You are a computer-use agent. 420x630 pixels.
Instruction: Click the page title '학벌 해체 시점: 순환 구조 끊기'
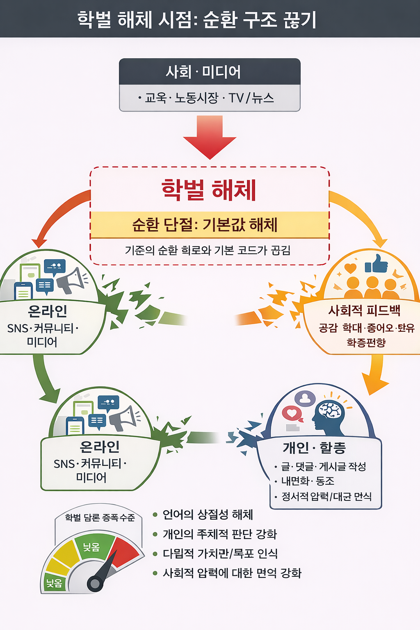tap(197, 19)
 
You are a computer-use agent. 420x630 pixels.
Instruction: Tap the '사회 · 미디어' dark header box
tap(210, 72)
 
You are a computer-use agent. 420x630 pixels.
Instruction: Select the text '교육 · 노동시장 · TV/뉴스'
tap(210, 98)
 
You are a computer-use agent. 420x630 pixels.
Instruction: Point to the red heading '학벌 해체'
tap(209, 190)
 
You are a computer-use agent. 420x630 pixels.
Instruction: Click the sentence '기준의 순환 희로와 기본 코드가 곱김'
tap(208, 250)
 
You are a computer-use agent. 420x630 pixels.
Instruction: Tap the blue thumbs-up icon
tap(377, 264)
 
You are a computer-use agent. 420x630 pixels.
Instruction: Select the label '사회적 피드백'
tap(364, 310)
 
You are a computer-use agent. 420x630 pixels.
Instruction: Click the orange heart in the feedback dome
tap(350, 268)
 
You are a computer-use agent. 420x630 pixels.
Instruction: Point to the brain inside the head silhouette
tap(331, 410)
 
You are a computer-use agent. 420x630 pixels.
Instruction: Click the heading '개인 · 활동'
tap(314, 447)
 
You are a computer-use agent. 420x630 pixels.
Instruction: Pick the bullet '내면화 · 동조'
tap(308, 481)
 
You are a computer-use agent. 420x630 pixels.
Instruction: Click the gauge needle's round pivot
tap(96, 583)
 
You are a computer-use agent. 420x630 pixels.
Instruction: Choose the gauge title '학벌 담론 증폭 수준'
tap(100, 517)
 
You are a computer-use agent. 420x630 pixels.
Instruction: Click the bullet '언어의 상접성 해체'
tap(208, 515)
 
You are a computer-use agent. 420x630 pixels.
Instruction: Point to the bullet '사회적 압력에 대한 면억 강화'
tap(232, 573)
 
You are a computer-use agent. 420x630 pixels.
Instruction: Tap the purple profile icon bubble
tap(305, 398)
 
